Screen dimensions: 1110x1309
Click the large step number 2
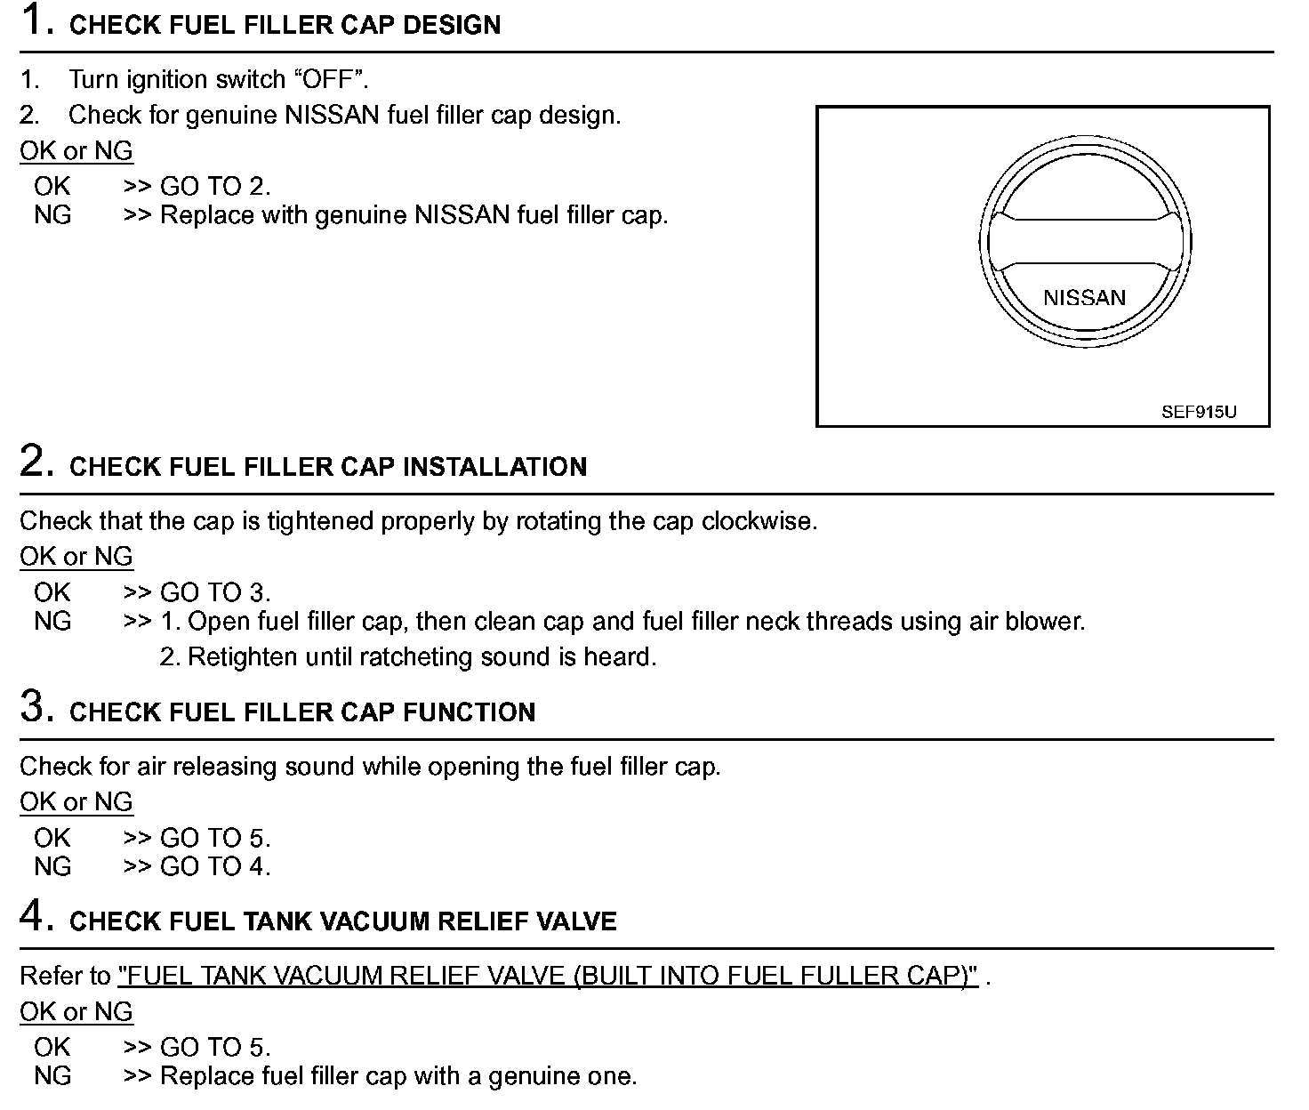click(33, 462)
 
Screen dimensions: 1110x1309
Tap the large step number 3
click(33, 707)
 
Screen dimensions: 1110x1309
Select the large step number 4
click(33, 916)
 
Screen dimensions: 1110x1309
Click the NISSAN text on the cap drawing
click(1084, 298)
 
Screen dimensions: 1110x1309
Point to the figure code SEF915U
click(1198, 413)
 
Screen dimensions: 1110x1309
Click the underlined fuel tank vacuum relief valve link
click(548, 976)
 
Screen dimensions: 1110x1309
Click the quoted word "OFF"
click(330, 79)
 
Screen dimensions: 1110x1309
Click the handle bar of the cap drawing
click(1084, 241)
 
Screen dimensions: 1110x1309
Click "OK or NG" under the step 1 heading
click(76, 150)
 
